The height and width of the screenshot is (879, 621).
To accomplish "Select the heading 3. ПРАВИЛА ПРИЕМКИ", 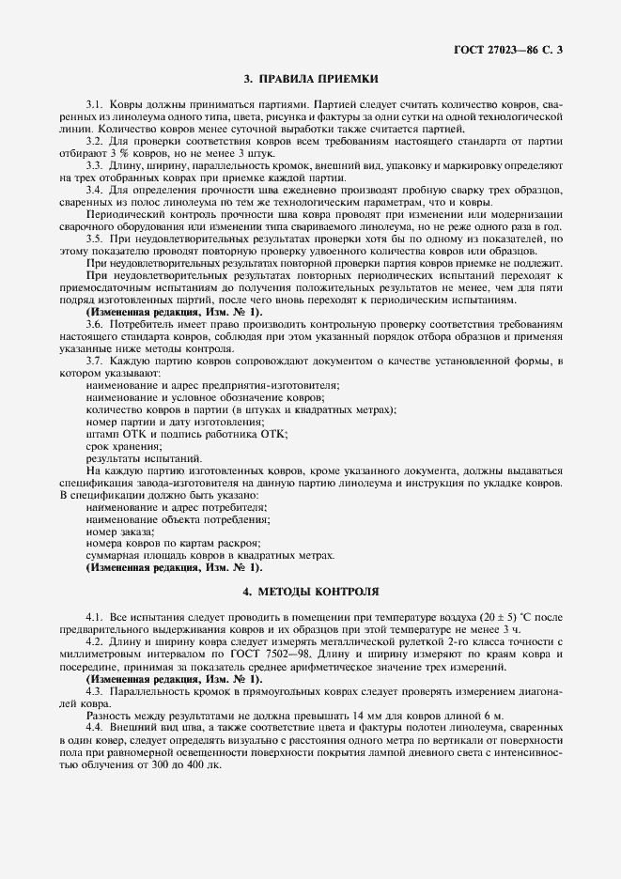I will tap(310, 81).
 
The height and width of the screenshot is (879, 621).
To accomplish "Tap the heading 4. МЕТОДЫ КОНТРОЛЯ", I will tap(310, 594).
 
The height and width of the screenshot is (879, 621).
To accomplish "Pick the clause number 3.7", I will tap(94, 362).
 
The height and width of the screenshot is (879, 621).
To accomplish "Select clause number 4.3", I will tap(94, 690).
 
